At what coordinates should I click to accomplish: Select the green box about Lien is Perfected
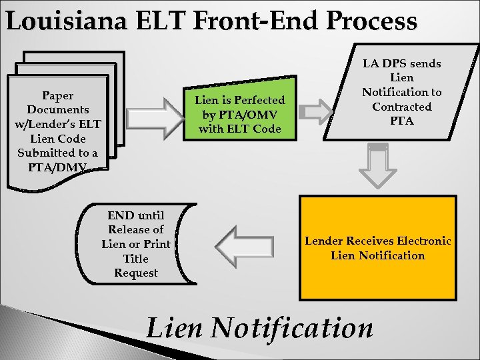pyautogui.click(x=239, y=114)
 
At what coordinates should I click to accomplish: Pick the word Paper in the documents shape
pyautogui.click(x=57, y=95)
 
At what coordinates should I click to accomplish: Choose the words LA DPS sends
pyautogui.click(x=402, y=64)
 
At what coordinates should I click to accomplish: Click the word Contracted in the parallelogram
pyautogui.click(x=402, y=107)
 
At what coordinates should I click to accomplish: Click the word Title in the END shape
pyautogui.click(x=136, y=259)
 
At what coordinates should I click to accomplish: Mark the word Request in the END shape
pyautogui.click(x=136, y=273)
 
